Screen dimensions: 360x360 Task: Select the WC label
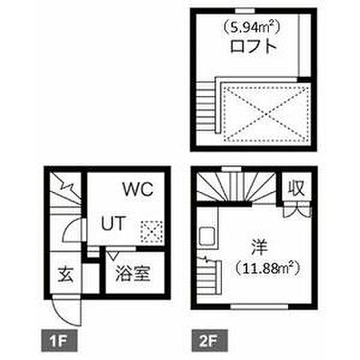[x=139, y=190]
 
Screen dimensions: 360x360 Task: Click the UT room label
[x=113, y=224]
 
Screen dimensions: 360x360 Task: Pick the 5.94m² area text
[x=252, y=26]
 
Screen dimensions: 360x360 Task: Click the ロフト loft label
[x=255, y=47]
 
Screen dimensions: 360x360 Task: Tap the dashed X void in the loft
[x=265, y=110]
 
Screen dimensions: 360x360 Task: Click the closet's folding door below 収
[x=297, y=209]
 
